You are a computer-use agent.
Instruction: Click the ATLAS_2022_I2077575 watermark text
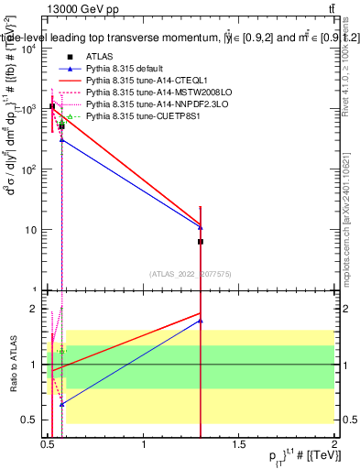(x=191, y=273)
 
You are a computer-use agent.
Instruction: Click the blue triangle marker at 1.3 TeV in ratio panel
(x=201, y=321)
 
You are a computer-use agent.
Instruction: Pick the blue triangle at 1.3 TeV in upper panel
(x=201, y=226)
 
